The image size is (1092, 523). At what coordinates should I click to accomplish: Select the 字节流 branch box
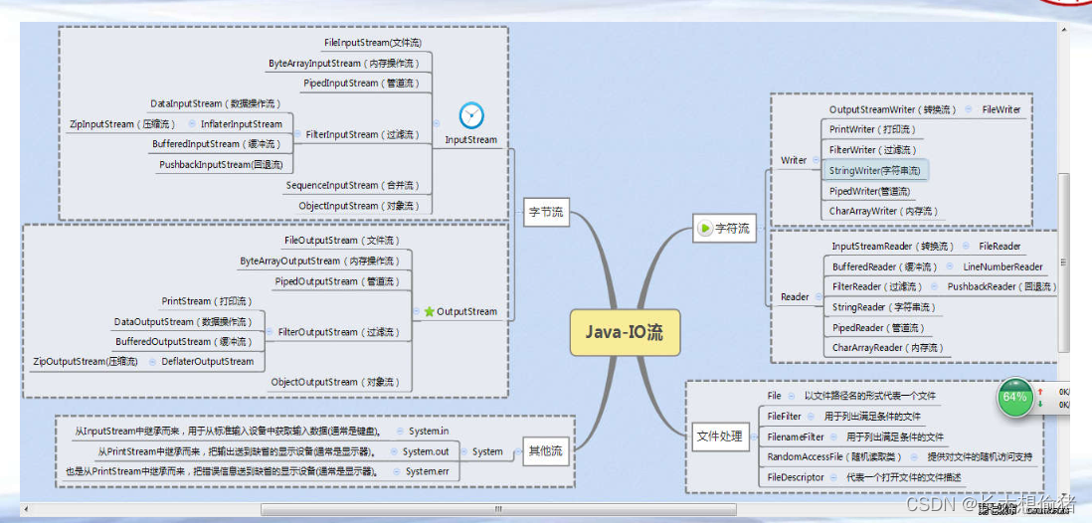(x=546, y=212)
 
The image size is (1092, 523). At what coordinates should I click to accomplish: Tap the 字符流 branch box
(x=724, y=229)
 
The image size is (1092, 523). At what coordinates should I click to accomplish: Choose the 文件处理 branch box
(x=719, y=436)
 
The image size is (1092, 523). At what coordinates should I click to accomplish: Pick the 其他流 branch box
(x=545, y=451)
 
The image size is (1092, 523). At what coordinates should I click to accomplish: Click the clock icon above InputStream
(x=471, y=115)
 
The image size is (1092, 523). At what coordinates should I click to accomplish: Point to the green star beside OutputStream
(x=430, y=311)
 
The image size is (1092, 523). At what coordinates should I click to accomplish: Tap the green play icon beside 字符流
(x=705, y=229)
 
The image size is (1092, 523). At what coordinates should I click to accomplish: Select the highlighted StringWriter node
(x=875, y=171)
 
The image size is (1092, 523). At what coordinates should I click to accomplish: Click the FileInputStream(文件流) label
(x=373, y=44)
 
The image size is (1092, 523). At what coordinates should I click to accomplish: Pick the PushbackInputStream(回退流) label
(x=221, y=165)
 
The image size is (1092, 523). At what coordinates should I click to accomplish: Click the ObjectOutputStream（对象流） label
(x=335, y=382)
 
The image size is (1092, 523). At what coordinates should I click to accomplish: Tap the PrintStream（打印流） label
(x=206, y=301)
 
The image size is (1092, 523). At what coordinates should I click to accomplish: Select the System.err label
(x=428, y=471)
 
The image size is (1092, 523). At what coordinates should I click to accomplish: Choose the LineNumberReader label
(x=1002, y=266)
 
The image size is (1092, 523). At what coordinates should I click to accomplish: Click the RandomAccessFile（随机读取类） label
(x=834, y=457)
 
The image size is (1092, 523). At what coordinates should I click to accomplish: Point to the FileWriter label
(x=1001, y=109)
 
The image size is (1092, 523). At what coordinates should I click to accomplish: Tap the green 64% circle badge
(x=1014, y=397)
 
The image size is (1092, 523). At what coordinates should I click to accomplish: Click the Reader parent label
(x=795, y=297)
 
